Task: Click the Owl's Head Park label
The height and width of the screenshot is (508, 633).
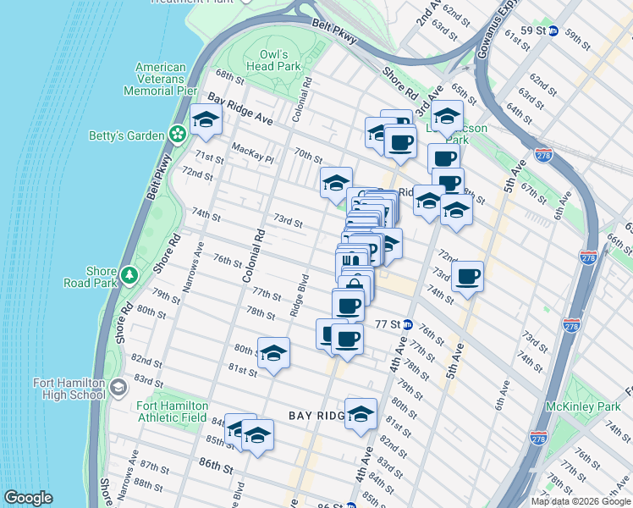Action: pos(273,59)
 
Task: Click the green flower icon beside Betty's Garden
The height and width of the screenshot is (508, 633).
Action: pos(178,133)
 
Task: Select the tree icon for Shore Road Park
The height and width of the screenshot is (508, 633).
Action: pos(129,275)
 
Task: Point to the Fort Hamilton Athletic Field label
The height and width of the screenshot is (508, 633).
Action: pos(172,411)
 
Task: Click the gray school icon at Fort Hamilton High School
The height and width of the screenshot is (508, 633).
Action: pos(118,388)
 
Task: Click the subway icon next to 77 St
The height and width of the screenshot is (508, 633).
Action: pos(408,324)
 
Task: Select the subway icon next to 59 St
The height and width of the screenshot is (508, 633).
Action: pos(553,31)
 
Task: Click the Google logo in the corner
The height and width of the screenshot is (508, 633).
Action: pos(28,498)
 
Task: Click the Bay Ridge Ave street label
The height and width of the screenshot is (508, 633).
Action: pos(241,110)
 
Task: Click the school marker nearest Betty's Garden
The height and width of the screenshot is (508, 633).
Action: pos(206,120)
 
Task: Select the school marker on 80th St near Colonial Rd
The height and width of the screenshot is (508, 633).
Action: pos(273,353)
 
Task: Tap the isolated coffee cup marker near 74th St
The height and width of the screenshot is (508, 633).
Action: pos(467,276)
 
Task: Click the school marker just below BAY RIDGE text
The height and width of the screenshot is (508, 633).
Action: pos(361,414)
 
